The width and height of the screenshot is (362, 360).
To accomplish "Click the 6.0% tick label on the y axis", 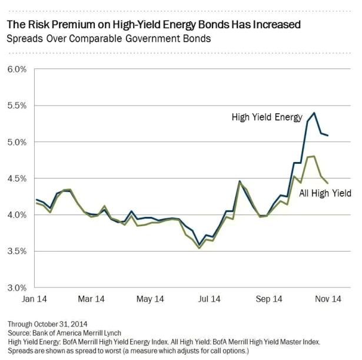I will pos(17,69).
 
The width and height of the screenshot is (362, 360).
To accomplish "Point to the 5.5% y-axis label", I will pos(17,105).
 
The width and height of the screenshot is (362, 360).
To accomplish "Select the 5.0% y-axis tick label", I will pos(17,142).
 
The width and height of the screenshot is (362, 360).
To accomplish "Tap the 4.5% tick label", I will pos(17,179).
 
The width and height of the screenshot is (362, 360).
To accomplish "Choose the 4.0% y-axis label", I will pos(17,215).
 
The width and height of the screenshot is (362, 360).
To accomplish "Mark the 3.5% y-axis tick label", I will pos(17,252).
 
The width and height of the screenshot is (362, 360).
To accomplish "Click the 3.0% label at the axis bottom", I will pos(17,288).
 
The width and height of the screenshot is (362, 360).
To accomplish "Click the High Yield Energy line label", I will pos(267,117).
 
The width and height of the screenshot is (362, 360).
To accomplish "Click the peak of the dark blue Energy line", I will pos(314,113).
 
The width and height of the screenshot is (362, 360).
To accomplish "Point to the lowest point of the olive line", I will pos(199,248).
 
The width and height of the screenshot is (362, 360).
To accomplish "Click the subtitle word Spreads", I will pos(25,39).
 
